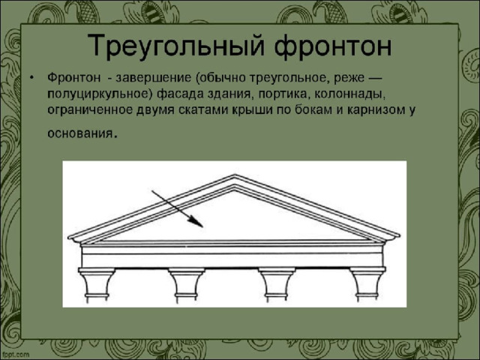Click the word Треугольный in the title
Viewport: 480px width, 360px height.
point(175,46)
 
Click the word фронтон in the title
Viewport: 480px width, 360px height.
point(333,46)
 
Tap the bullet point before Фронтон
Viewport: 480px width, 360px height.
point(31,77)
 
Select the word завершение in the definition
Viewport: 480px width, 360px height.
point(152,78)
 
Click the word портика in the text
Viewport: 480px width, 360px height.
point(282,94)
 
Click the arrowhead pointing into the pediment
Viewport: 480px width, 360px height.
point(196,222)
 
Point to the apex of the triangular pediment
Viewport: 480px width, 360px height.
point(235,175)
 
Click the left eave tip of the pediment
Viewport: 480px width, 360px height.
point(68,237)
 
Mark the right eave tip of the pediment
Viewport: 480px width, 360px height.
point(399,235)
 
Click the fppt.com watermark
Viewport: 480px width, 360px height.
point(15,355)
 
